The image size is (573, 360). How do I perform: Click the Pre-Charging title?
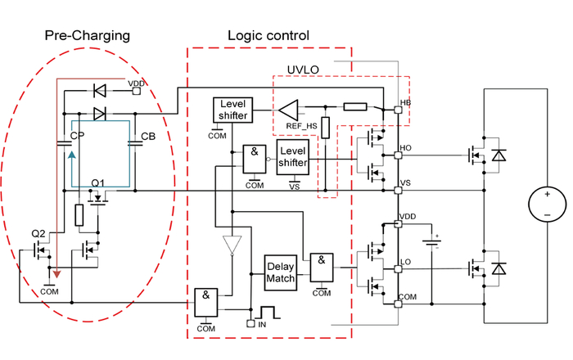pyautogui.click(x=88, y=36)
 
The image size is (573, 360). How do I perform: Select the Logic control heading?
pyautogui.click(x=268, y=35)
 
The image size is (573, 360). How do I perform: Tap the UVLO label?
pyautogui.click(x=303, y=70)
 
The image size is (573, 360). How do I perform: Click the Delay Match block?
pyautogui.click(x=280, y=272)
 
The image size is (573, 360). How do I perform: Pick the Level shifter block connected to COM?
pyautogui.click(x=232, y=110)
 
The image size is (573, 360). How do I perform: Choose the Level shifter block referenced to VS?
pyautogui.click(x=293, y=156)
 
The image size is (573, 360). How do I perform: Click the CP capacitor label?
pyautogui.click(x=77, y=136)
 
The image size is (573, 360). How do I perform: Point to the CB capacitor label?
pyautogui.click(x=148, y=137)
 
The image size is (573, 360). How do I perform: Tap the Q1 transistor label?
pyautogui.click(x=97, y=183)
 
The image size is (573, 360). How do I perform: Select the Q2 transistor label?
pyautogui.click(x=38, y=234)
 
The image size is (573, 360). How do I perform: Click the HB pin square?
pyautogui.click(x=398, y=110)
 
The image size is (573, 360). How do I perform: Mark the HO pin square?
pyautogui.click(x=398, y=155)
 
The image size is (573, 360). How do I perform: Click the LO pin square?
pyautogui.click(x=398, y=269)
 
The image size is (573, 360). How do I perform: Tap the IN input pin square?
pyautogui.click(x=250, y=323)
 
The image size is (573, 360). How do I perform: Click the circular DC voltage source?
pyautogui.click(x=547, y=205)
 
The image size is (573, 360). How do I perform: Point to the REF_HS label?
pyautogui.click(x=301, y=126)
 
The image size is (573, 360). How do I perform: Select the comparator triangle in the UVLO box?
pyautogui.click(x=288, y=110)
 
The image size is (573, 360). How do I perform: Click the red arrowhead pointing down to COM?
pyautogui.click(x=56, y=274)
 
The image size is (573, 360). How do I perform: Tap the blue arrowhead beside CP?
pyautogui.click(x=72, y=155)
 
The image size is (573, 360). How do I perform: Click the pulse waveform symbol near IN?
pyautogui.click(x=269, y=313)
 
